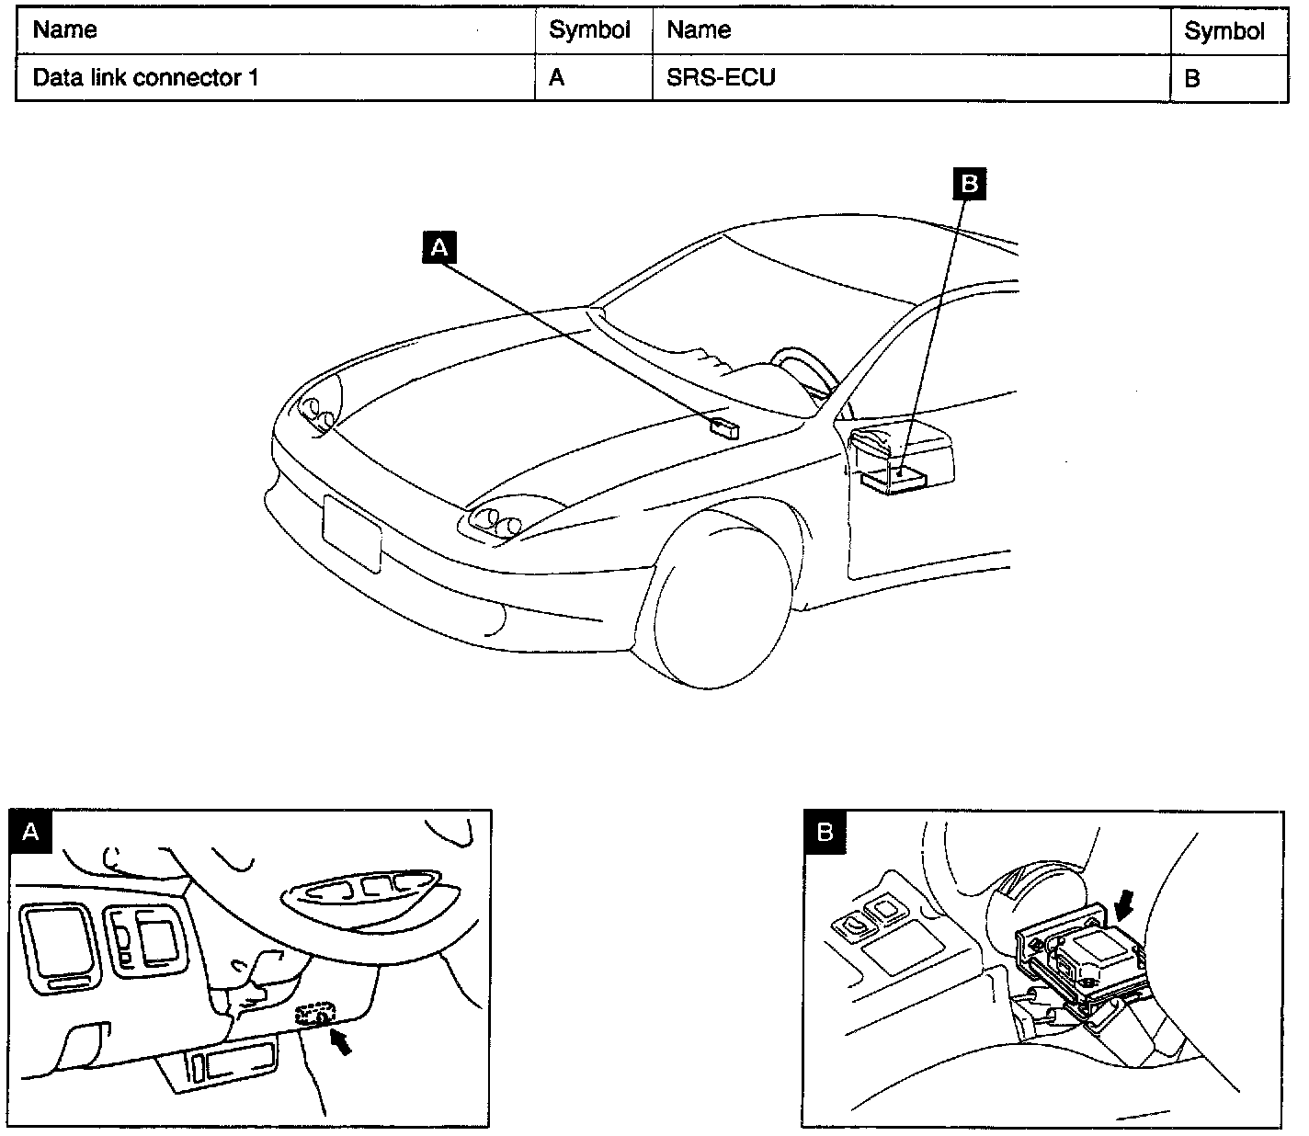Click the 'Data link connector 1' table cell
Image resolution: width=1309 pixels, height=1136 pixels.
click(x=145, y=78)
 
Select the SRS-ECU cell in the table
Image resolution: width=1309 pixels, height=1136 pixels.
click(x=721, y=78)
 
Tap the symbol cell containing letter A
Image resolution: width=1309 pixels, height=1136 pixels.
click(x=557, y=78)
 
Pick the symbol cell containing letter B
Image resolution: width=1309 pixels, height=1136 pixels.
click(x=1192, y=79)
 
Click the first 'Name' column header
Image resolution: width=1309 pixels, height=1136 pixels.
click(x=64, y=30)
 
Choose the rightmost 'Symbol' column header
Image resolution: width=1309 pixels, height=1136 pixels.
click(x=1224, y=31)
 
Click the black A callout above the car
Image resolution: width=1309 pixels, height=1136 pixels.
click(x=439, y=247)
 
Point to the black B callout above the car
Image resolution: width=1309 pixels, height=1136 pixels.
click(x=968, y=184)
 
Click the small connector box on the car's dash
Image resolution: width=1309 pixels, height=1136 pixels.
click(x=724, y=425)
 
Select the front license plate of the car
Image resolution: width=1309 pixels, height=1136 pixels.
click(x=351, y=532)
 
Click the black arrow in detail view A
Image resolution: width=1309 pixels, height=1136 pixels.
click(x=341, y=1041)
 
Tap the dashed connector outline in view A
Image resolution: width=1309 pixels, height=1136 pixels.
click(x=314, y=1015)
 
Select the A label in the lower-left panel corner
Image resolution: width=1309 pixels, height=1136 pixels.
click(x=30, y=832)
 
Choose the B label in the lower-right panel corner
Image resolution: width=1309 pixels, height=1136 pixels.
click(x=825, y=833)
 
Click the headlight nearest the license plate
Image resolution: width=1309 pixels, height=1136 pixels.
click(x=494, y=522)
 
